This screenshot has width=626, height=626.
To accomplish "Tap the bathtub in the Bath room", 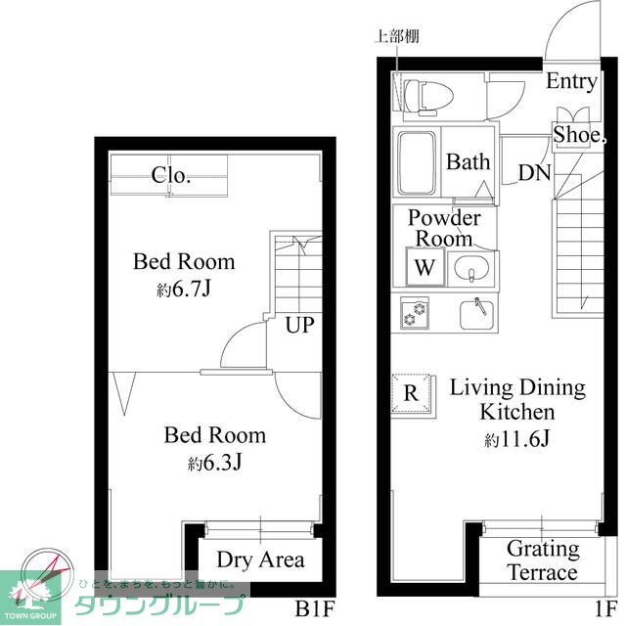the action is pyautogui.click(x=417, y=163).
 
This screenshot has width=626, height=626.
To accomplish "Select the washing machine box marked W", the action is pyautogui.click(x=425, y=267).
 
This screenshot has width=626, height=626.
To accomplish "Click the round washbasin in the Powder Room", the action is pyautogui.click(x=471, y=268).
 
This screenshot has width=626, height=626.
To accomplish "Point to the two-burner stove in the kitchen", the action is pyautogui.click(x=415, y=313).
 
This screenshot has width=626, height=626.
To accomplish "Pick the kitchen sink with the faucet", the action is pyautogui.click(x=476, y=314).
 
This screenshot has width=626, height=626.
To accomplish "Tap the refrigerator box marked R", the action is pyautogui.click(x=412, y=393).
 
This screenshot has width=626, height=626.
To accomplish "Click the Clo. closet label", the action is pyautogui.click(x=170, y=175).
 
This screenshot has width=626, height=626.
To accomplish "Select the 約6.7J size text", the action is pyautogui.click(x=183, y=290).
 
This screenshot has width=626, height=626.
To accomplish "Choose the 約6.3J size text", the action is pyautogui.click(x=215, y=463).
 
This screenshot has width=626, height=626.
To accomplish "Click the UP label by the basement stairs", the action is pyautogui.click(x=300, y=325).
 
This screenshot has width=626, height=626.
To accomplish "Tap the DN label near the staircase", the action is pyautogui.click(x=535, y=173).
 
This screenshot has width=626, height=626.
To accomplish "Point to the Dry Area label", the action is pyautogui.click(x=261, y=559).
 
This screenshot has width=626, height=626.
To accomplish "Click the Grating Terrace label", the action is pyautogui.click(x=543, y=560).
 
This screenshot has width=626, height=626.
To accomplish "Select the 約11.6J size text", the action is pyautogui.click(x=517, y=439).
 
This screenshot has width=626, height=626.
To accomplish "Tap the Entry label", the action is pyautogui.click(x=571, y=82).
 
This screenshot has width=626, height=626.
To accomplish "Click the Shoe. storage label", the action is pyautogui.click(x=579, y=134).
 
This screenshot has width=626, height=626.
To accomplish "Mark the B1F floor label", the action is pyautogui.click(x=314, y=608).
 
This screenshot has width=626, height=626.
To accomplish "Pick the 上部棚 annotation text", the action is pyautogui.click(x=396, y=36).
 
